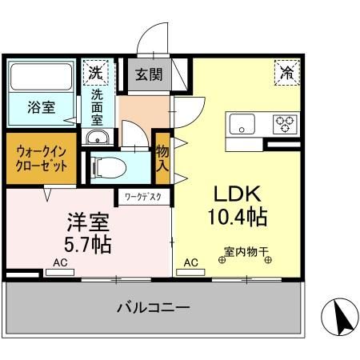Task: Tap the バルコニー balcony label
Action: [x=152, y=306]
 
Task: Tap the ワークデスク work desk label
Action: [x=142, y=194]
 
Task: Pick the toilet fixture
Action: [x=108, y=168]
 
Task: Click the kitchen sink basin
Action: [x=241, y=123]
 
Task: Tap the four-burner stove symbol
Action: [x=285, y=123]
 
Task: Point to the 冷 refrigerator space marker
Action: [x=286, y=72]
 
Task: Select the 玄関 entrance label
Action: [x=149, y=75]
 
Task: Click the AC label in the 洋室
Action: [x=60, y=262]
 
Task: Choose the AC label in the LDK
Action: [x=191, y=262]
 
